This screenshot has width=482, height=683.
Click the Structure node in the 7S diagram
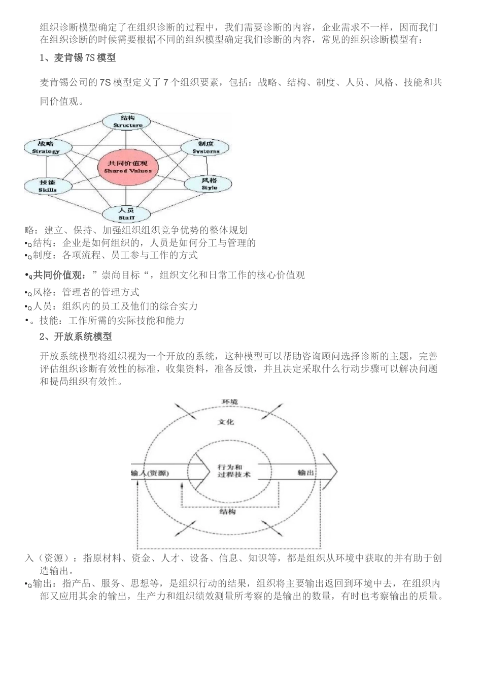tap(127, 121)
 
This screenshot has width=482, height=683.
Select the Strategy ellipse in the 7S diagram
tap(46, 147)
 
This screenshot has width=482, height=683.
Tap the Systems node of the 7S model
tap(206, 147)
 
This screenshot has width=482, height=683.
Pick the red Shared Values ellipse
tap(128, 167)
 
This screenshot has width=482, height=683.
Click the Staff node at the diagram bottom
tap(127, 214)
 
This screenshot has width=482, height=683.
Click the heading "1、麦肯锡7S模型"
tap(78, 58)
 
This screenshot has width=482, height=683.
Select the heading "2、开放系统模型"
tap(76, 336)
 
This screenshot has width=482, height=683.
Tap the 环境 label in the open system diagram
tap(229, 401)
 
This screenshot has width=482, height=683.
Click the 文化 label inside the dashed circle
tap(226, 422)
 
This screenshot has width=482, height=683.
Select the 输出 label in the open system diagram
tap(305, 473)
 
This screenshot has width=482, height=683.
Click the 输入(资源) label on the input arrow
tap(150, 473)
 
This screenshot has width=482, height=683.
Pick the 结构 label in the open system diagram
tap(227, 512)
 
